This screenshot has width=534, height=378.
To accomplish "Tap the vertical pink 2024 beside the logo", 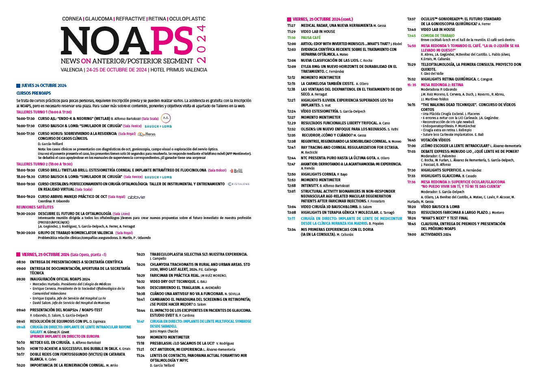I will point(201,44).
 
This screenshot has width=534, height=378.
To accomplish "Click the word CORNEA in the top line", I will point(72,19).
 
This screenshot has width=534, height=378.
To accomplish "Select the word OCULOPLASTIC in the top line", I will point(187,19).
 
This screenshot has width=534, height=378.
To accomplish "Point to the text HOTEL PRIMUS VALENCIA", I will point(178,70).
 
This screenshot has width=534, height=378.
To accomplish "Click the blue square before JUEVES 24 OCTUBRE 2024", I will point(18,86).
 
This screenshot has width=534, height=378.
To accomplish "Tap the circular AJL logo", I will point(166,118).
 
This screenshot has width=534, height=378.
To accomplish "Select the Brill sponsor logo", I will point(236,171).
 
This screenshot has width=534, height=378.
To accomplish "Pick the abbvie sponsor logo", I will point(136,197).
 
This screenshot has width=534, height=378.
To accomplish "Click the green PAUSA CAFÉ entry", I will point(311,37).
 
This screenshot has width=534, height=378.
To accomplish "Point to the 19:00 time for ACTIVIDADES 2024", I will point(412,235).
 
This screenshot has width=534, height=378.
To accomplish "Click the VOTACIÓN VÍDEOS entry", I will point(435,140).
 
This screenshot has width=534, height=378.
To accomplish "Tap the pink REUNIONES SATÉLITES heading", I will point(35,207).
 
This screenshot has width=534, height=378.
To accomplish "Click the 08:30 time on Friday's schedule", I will point(21,262).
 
